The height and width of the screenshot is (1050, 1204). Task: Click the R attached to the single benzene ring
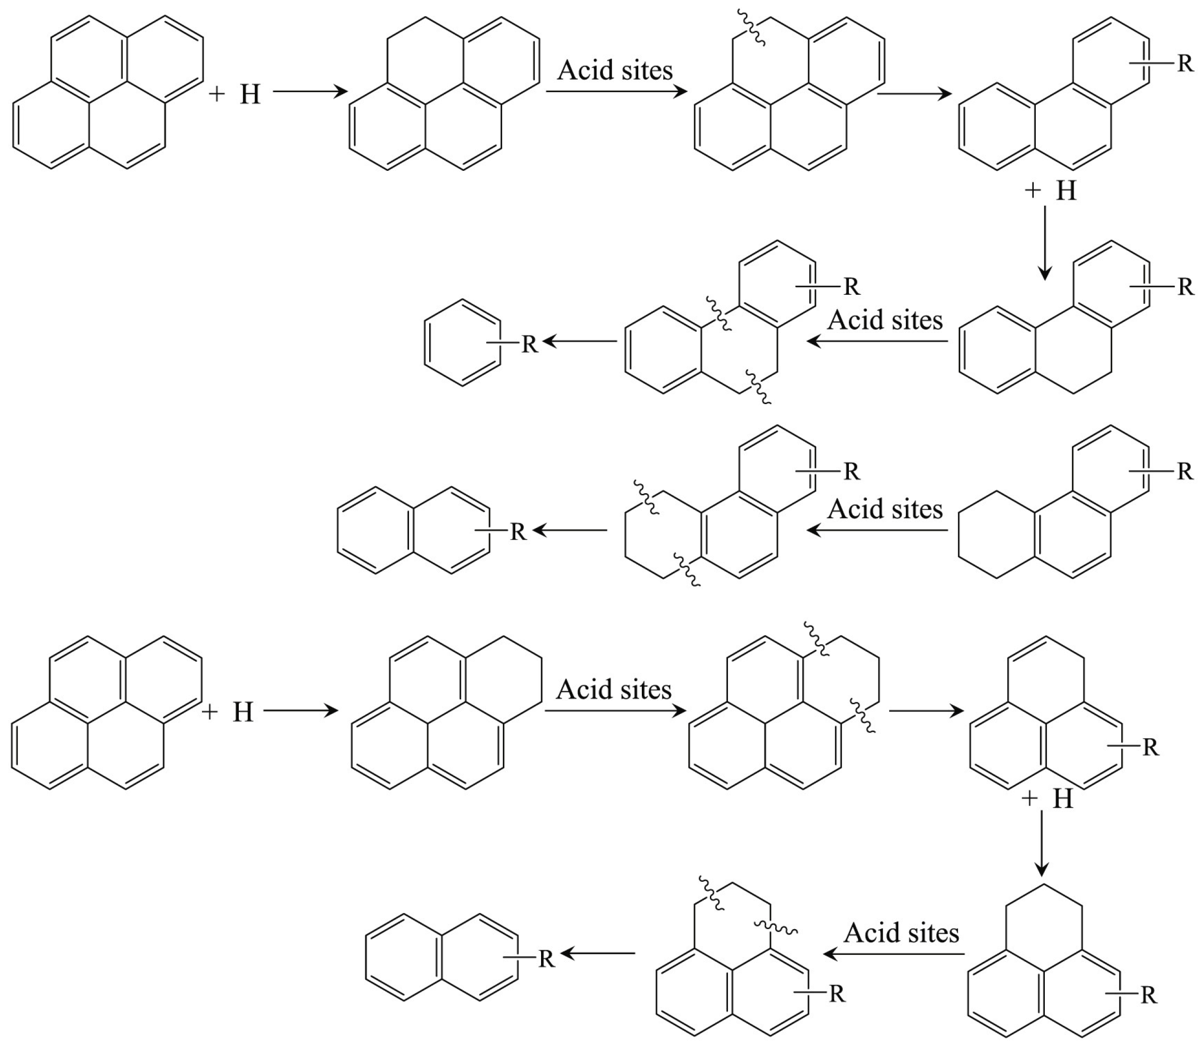[x=529, y=344]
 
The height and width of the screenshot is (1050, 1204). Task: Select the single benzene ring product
[x=463, y=343]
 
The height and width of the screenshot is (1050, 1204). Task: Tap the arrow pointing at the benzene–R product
[x=579, y=341]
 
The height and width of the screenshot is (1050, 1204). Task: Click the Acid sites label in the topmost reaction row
[x=615, y=71]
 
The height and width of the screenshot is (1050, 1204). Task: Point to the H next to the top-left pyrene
[x=250, y=94]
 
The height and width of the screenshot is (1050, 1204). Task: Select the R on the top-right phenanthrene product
[x=1185, y=63]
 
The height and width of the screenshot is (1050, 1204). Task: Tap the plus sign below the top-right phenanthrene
[x=1032, y=190]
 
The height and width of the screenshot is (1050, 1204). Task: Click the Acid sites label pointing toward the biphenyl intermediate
[x=885, y=320]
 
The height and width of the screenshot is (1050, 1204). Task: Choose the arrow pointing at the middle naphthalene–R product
[x=569, y=531]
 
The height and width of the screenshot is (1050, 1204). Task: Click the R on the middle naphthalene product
[x=518, y=532]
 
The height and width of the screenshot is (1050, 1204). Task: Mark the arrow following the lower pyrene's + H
[x=301, y=711]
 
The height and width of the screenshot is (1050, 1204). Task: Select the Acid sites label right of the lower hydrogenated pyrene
[x=614, y=689]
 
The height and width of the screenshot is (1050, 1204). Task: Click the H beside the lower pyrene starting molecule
[x=243, y=712]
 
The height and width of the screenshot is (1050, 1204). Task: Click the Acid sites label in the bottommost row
[x=901, y=933]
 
